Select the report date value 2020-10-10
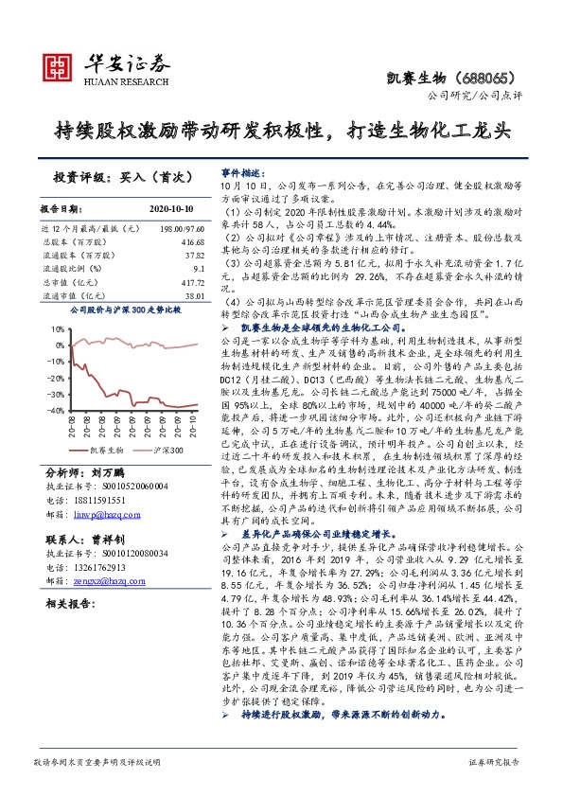171,208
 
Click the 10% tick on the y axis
59,330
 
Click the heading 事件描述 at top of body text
239,174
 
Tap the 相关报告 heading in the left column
68,602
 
